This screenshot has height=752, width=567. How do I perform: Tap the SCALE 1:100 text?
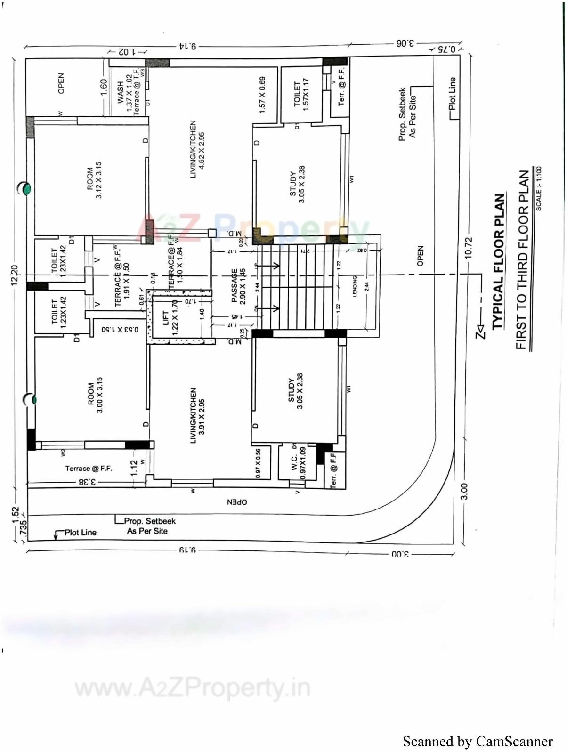[x=538, y=188]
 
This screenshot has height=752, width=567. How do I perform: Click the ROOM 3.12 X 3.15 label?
[x=94, y=180]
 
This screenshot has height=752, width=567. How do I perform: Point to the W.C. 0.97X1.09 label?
[x=298, y=463]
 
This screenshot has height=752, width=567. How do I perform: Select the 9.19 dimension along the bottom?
[x=187, y=550]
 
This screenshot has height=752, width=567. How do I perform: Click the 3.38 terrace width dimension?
[x=87, y=482]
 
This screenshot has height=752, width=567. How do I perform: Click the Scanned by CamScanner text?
[x=477, y=741]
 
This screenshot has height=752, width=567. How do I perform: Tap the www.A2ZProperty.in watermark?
[x=193, y=688]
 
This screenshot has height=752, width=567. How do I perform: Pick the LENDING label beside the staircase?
[x=355, y=286]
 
